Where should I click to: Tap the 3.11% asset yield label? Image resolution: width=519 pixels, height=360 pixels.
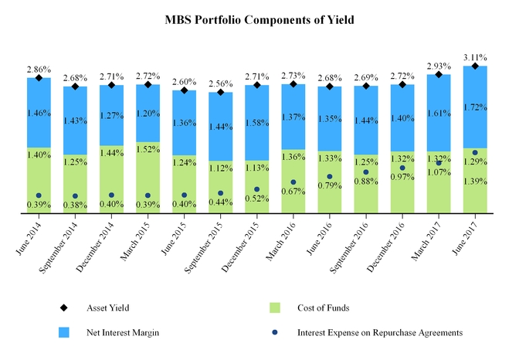click(475, 57)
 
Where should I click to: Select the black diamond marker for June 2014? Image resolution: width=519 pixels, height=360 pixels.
click(39, 78)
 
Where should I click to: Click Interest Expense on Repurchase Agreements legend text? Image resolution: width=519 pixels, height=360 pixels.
click(378, 332)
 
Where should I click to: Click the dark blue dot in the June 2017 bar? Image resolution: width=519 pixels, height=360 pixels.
click(475, 153)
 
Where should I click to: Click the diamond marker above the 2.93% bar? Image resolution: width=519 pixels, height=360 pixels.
click(439, 75)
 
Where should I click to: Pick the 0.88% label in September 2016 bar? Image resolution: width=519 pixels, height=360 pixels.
click(366, 182)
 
